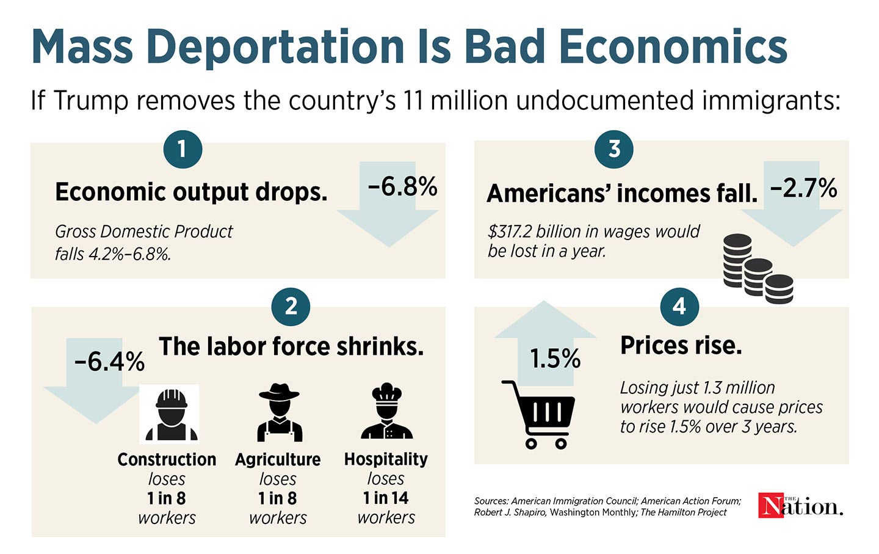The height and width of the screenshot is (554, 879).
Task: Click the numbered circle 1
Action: click(x=183, y=149)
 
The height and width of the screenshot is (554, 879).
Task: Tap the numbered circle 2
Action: click(x=291, y=305)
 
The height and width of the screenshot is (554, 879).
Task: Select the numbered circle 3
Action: click(x=614, y=149)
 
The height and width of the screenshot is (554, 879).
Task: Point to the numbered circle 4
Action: click(x=679, y=305)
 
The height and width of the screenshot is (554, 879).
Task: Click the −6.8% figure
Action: click(x=402, y=187)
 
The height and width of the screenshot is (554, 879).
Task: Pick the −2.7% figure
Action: click(x=803, y=188)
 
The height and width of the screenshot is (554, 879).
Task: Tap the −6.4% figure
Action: click(x=109, y=361)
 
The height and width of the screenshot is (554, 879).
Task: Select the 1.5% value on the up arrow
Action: click(x=554, y=359)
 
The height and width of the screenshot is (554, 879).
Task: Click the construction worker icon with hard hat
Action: click(x=169, y=414)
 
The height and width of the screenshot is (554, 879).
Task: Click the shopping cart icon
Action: click(x=538, y=414)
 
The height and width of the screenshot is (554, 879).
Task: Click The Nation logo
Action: click(x=800, y=505)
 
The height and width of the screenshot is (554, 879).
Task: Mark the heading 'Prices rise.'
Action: click(x=681, y=346)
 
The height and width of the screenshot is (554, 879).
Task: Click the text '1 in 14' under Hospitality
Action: click(x=386, y=498)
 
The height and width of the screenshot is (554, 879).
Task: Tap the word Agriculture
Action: click(x=278, y=459)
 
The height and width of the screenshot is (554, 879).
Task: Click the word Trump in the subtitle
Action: click(x=91, y=101)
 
